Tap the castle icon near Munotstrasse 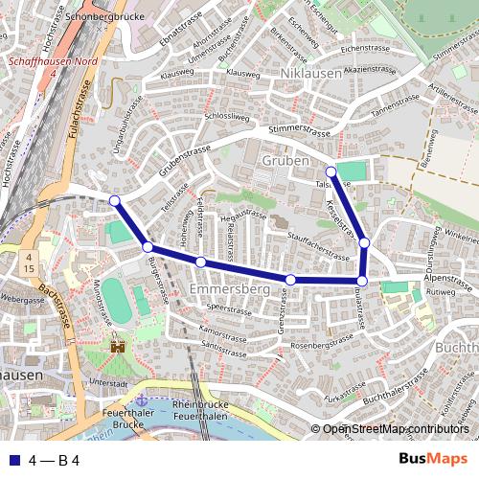(119, 346)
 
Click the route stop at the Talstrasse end (331, 172)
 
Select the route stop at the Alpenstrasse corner (361, 281)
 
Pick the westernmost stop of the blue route (115, 200)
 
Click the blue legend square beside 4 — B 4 (11, 461)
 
